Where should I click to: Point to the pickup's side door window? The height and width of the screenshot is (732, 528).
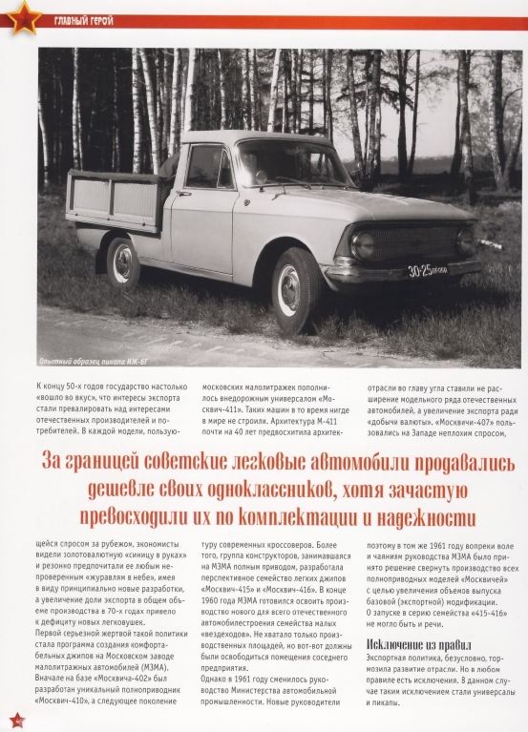point(205,167)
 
